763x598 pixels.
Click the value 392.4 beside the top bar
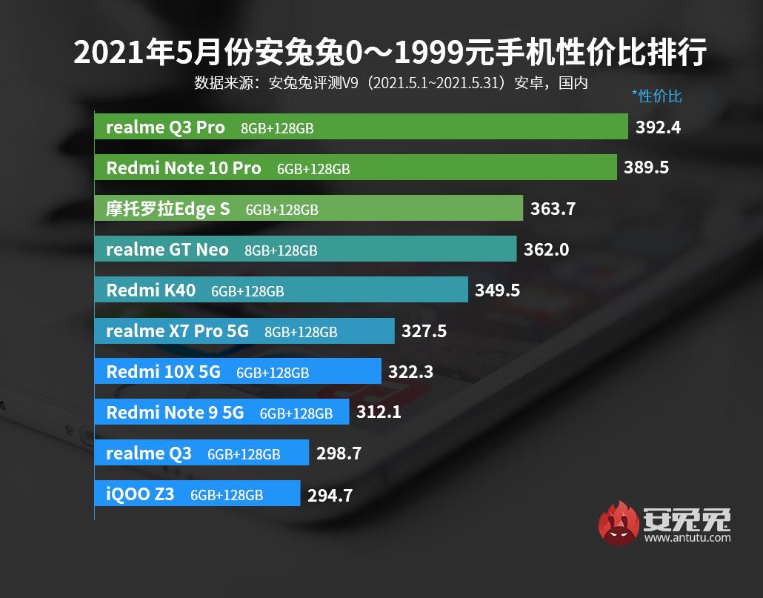(x=658, y=127)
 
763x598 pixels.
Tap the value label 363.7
(x=553, y=209)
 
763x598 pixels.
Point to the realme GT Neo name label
(x=167, y=250)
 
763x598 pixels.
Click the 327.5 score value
(x=424, y=330)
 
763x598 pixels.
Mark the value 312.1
(x=379, y=412)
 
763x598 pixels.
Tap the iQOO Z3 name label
(x=140, y=493)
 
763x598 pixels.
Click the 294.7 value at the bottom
(x=330, y=494)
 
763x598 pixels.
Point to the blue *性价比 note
(x=656, y=96)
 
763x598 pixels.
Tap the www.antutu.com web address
(x=687, y=539)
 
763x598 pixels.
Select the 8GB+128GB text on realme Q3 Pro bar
(x=277, y=128)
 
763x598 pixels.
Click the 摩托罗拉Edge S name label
(x=168, y=209)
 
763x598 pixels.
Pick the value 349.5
(x=497, y=290)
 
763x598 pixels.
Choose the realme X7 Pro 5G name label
(x=178, y=330)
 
